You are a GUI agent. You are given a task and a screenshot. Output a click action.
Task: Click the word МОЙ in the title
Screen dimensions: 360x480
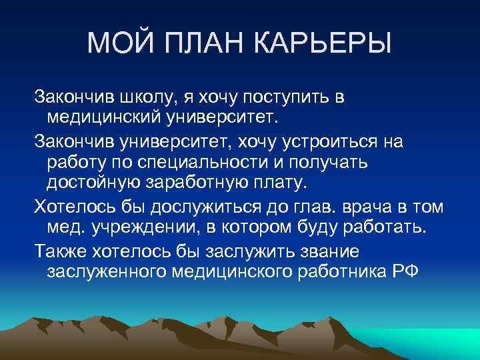tap(120, 45)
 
